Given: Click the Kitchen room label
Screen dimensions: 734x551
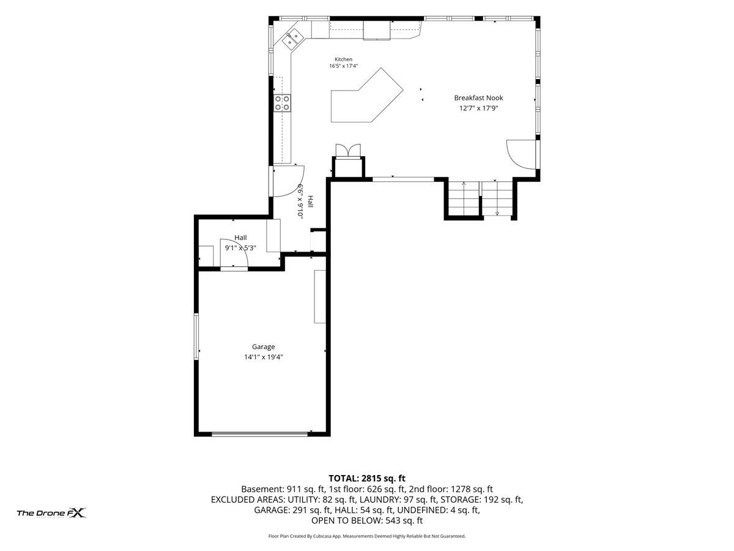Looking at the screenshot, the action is click(x=343, y=59).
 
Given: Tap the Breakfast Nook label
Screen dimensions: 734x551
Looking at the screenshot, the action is click(x=478, y=98).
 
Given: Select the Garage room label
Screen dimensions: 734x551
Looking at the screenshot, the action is click(x=263, y=347).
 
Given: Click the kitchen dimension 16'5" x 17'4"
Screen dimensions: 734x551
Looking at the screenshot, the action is click(x=343, y=66).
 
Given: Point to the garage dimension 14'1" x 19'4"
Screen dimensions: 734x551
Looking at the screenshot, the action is click(x=263, y=357).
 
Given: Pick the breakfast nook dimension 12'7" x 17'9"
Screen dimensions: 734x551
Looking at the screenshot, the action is click(x=478, y=108).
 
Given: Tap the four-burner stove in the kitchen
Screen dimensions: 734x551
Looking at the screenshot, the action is click(x=282, y=103).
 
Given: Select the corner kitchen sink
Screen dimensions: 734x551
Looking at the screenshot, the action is click(x=292, y=39).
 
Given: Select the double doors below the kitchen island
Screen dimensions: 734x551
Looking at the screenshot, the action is click(x=348, y=150).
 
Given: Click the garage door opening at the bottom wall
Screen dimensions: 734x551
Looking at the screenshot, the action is click(x=259, y=434).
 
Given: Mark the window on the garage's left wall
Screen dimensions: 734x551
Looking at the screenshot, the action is click(x=196, y=337).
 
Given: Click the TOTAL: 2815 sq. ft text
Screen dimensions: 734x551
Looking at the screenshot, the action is click(x=367, y=478).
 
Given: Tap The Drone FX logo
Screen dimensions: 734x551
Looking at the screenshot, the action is click(x=51, y=512).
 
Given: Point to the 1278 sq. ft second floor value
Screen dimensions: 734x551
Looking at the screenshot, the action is click(x=472, y=489).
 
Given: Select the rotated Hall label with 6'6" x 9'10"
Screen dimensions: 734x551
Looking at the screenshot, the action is click(x=305, y=201).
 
